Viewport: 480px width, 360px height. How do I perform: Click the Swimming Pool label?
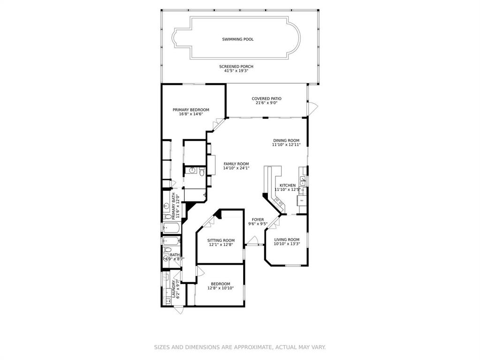tap(237, 39)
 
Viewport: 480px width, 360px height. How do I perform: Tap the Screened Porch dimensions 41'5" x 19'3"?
tap(236, 71)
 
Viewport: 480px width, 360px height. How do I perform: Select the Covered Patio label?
tap(267, 98)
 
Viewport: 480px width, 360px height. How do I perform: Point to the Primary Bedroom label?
tap(190, 110)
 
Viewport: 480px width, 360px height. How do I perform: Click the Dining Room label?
tap(286, 141)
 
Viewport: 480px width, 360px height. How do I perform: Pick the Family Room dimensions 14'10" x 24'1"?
tap(236, 168)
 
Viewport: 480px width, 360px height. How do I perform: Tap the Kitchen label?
tap(288, 185)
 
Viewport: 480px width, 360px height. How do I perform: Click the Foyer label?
tap(258, 219)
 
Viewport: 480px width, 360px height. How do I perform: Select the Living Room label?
tap(287, 240)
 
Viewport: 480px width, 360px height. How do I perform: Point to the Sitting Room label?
tap(221, 240)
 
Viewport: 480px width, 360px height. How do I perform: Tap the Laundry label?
tap(174, 289)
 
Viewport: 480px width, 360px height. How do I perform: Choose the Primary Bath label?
tap(174, 206)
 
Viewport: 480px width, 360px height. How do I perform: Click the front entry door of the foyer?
tap(252, 241)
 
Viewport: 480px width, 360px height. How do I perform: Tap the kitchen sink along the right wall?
tap(303, 180)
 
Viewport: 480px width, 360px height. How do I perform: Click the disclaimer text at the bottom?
tap(240, 347)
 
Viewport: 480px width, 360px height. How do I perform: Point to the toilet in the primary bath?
tap(168, 217)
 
